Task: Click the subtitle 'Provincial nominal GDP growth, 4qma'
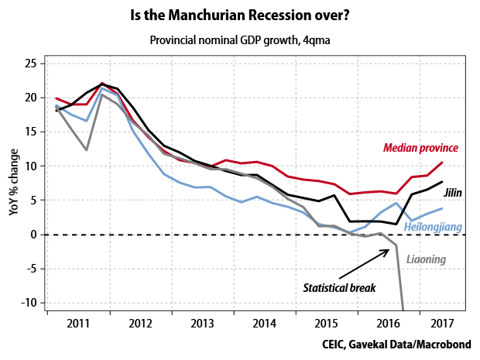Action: point(239,39)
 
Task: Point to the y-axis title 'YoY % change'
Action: point(14,184)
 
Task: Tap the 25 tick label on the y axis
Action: point(32,63)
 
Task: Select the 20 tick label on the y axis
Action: point(32,98)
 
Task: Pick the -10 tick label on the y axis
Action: point(29,303)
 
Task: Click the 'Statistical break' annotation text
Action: point(338,288)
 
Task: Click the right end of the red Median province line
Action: point(442,163)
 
